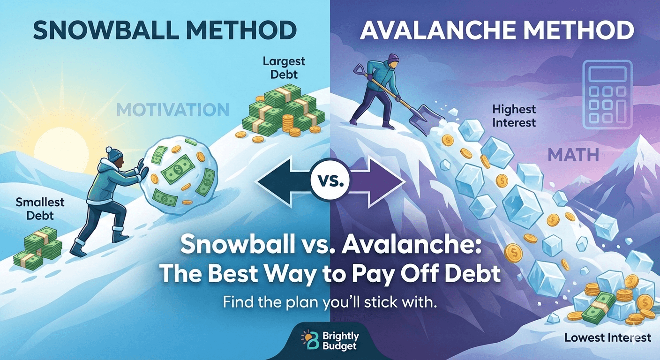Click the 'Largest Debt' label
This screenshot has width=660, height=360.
click(x=284, y=67)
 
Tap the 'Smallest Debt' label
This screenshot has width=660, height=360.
click(x=40, y=209)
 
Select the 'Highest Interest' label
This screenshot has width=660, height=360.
click(x=513, y=116)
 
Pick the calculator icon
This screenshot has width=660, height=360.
click(x=607, y=94)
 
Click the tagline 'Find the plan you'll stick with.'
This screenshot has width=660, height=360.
click(x=330, y=302)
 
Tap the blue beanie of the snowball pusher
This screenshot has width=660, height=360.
click(x=114, y=153)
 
